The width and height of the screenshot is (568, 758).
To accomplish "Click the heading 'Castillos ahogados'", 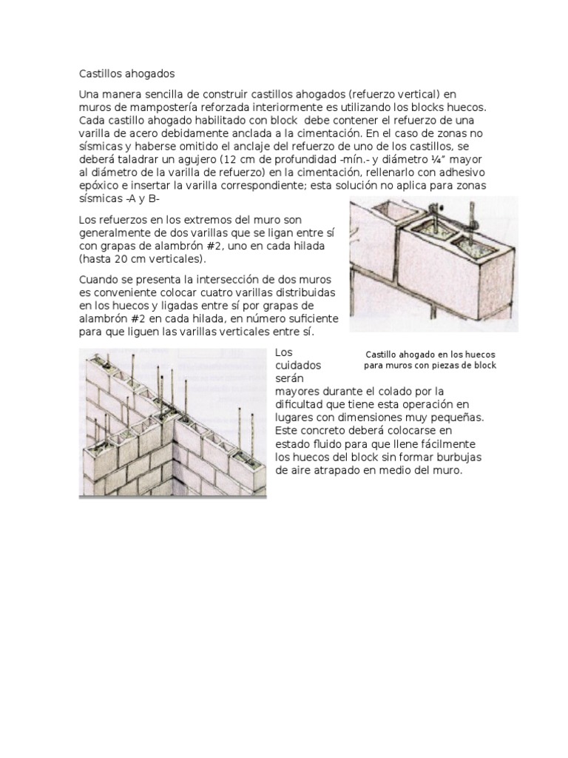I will point(126,74).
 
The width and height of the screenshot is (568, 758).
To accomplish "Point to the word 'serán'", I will point(290,378).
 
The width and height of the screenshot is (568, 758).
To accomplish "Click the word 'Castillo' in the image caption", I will point(385,355).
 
